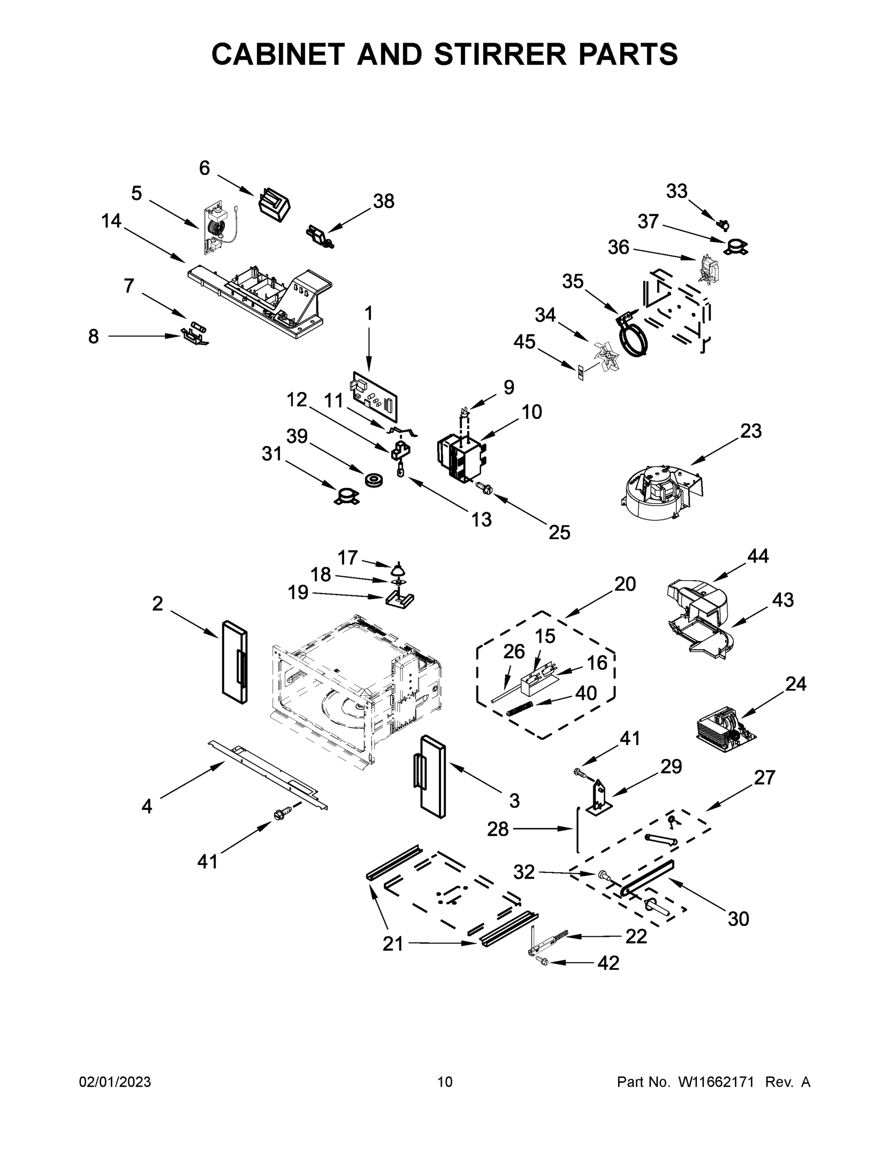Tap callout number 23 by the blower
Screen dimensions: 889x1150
coord(750,431)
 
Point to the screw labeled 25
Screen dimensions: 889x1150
coord(483,488)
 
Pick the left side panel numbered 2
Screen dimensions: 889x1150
coord(234,662)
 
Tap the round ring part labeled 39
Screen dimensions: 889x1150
coord(373,480)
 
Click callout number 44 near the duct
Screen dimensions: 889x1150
coord(757,555)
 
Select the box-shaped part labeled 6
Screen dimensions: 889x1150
coord(275,204)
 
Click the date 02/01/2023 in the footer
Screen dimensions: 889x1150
coord(115,1081)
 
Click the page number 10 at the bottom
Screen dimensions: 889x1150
coord(445,1081)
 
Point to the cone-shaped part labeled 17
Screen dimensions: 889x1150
coord(400,569)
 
